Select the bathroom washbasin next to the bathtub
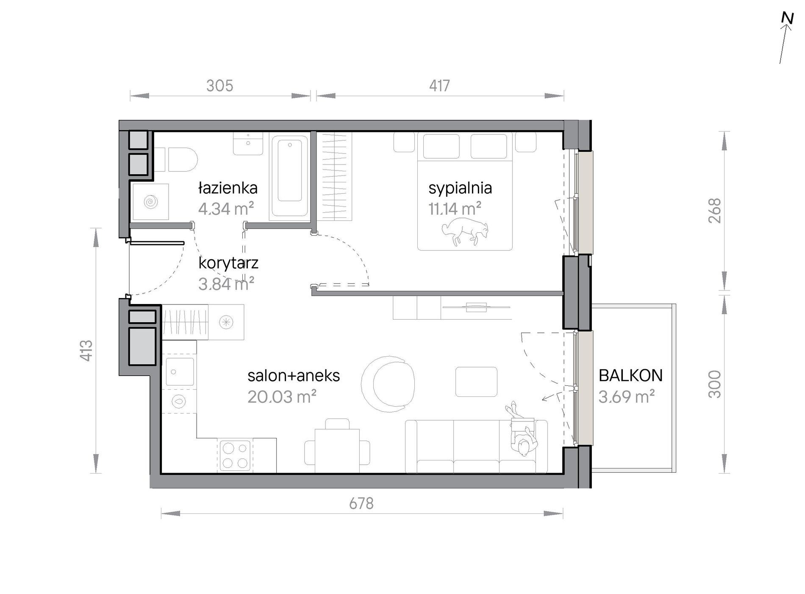pos(248,143)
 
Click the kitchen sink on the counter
pos(180,372)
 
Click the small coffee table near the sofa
pos(476,382)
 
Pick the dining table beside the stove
pos(337,450)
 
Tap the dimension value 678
pos(361,503)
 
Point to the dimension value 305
pos(219,86)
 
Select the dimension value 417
pos(439,86)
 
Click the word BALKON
pos(630,375)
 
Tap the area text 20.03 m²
pos(282,397)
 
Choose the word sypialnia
pos(460,188)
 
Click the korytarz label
pos(228,263)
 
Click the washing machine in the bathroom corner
pos(150,201)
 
